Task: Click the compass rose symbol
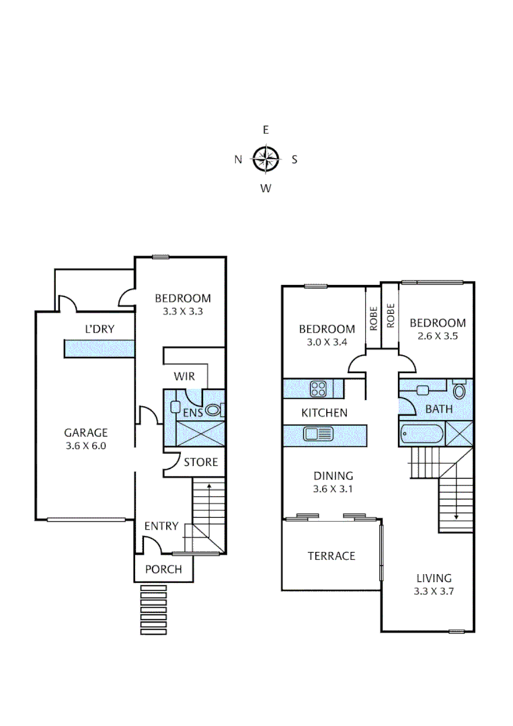pyautogui.click(x=266, y=159)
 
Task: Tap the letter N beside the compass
pyautogui.click(x=237, y=159)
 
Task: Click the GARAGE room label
pyautogui.click(x=85, y=432)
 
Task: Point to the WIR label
pyautogui.click(x=184, y=376)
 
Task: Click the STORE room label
pyautogui.click(x=201, y=462)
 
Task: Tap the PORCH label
pyautogui.click(x=163, y=569)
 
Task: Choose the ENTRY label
pyautogui.click(x=161, y=526)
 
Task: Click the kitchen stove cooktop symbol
pyautogui.click(x=318, y=388)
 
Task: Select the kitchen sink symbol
pyautogui.click(x=319, y=434)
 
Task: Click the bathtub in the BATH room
pyautogui.click(x=422, y=434)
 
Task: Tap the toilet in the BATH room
pyautogui.click(x=460, y=391)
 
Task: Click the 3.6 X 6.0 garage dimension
pyautogui.click(x=85, y=445)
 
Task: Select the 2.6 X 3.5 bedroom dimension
pyautogui.click(x=438, y=336)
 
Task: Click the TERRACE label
pyautogui.click(x=331, y=556)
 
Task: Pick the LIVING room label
pyautogui.click(x=434, y=577)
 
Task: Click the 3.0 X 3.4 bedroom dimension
pyautogui.click(x=327, y=342)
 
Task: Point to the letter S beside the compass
pyautogui.click(x=294, y=159)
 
